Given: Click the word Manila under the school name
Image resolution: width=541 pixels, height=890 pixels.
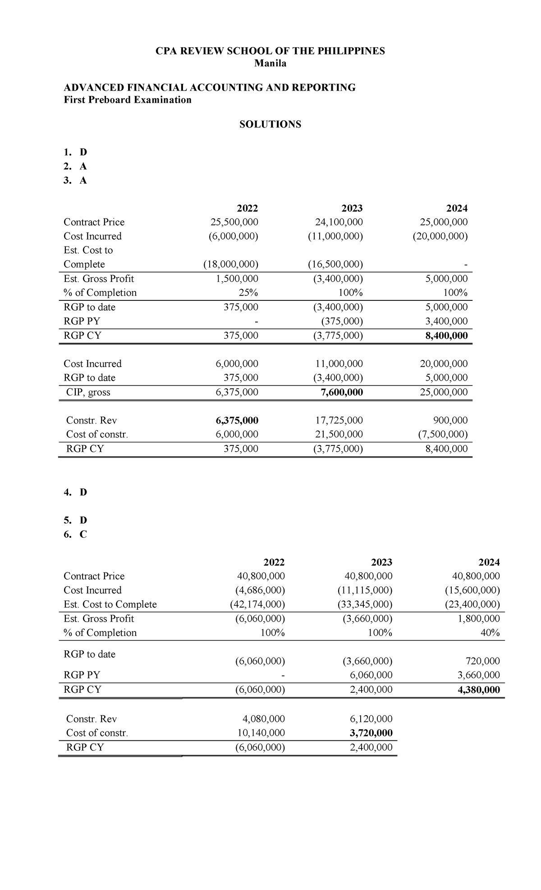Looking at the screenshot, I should (x=270, y=64).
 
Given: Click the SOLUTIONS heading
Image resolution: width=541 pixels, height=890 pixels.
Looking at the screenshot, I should (x=270, y=124).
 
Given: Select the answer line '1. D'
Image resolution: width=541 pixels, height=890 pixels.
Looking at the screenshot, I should (x=75, y=152).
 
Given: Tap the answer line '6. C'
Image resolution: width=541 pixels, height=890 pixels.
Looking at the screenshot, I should (x=75, y=534).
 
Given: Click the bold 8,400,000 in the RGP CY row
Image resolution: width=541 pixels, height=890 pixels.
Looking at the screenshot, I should (x=446, y=336).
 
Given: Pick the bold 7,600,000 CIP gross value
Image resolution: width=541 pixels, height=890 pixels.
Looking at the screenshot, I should (x=341, y=392).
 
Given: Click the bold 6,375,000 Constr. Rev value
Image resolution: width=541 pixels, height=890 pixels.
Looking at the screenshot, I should (x=237, y=420).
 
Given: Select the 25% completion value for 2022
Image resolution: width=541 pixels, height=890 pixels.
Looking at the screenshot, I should (x=248, y=293).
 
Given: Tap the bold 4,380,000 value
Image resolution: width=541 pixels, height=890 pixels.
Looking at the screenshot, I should (x=478, y=690).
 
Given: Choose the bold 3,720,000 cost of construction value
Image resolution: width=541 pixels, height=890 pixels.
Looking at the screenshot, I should (x=371, y=733).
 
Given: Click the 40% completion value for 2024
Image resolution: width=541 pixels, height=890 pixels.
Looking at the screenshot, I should (x=490, y=633).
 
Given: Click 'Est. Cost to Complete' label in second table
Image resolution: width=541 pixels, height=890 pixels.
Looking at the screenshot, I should (x=110, y=604).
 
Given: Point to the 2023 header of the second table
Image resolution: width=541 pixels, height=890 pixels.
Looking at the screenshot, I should (x=381, y=562).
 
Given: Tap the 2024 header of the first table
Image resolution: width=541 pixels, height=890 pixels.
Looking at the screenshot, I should (x=457, y=208).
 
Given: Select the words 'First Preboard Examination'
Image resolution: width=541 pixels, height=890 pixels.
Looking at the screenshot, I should (x=128, y=100).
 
